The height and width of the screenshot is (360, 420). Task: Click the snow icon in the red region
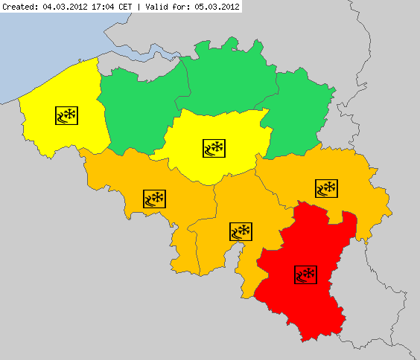pos(305,274)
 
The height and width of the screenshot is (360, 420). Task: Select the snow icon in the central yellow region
pos(214,147)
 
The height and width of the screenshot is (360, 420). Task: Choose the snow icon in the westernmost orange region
pos(154,199)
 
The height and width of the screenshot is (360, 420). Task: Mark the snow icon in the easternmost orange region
pos(326,188)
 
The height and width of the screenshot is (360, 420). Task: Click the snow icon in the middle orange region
pos(241,231)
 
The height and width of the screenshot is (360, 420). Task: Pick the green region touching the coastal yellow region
pos(138,112)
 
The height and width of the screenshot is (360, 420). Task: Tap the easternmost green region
pos(302,112)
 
